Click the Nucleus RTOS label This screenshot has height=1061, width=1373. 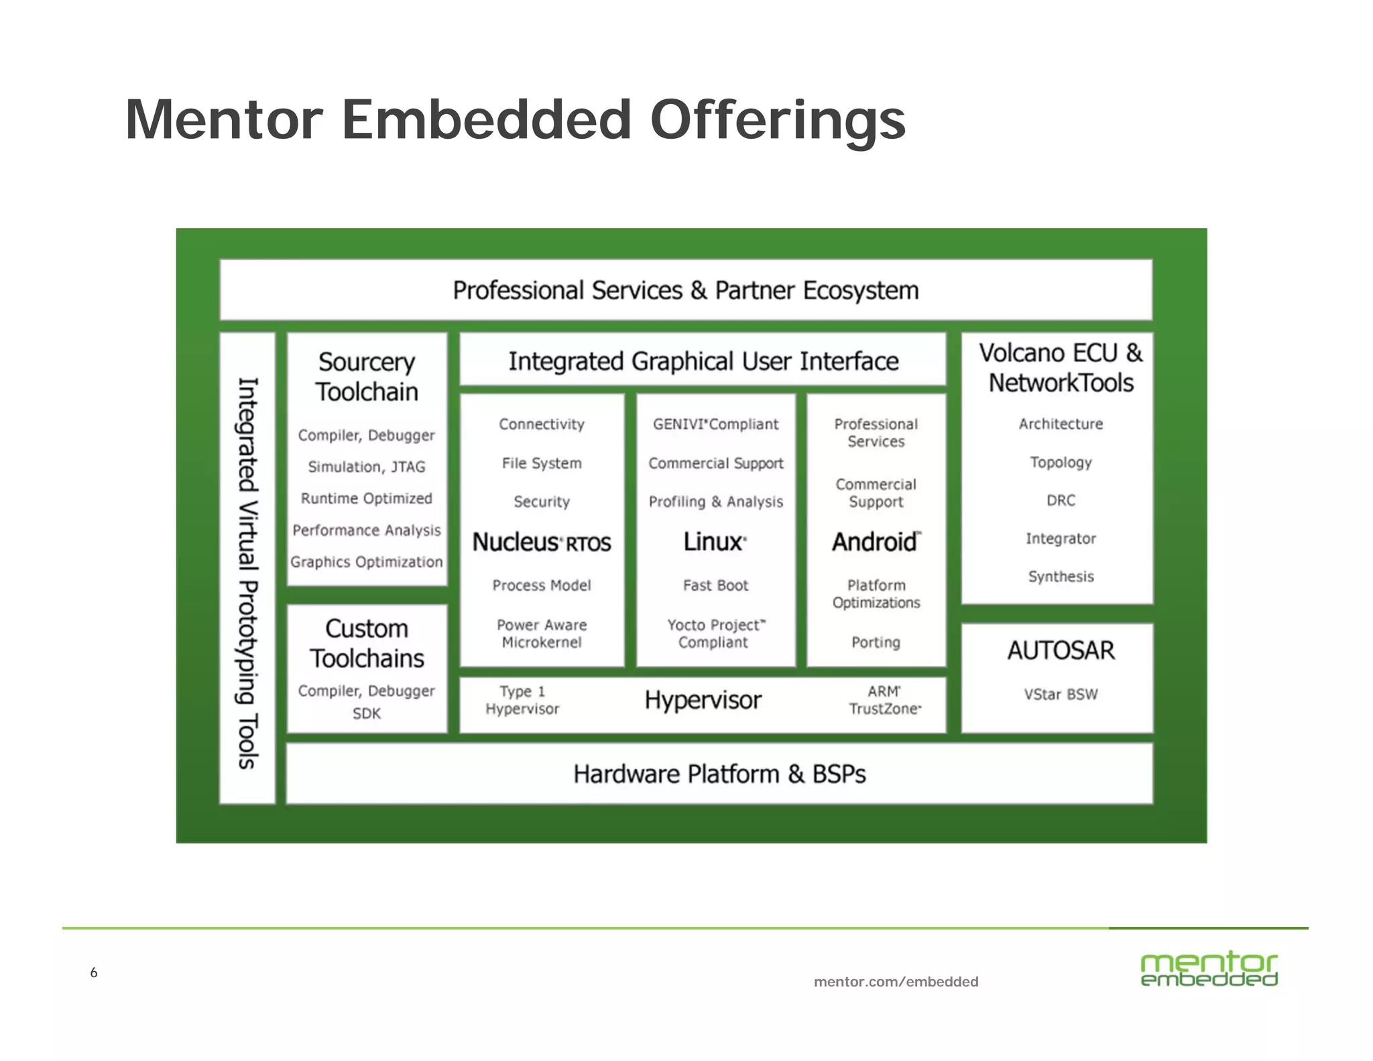(542, 542)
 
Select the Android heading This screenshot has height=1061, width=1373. (876, 541)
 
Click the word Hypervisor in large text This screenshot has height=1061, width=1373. (703, 700)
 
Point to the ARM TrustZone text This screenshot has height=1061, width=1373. (884, 700)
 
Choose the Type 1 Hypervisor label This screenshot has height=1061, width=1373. (522, 700)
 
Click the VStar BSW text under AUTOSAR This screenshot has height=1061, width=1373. (1061, 694)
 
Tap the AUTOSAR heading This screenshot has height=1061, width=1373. (1061, 651)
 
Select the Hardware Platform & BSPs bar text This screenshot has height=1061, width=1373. (719, 774)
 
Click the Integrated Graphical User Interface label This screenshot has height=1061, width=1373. (703, 361)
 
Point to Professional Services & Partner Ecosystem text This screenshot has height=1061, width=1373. (686, 290)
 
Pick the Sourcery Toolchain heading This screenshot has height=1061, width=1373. (367, 377)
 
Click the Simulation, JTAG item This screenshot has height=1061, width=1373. (367, 467)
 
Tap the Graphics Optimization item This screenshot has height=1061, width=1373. (367, 562)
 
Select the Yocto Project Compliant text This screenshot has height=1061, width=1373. (715, 634)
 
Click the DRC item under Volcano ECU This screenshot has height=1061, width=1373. (1061, 500)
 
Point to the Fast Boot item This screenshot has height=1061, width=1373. (715, 585)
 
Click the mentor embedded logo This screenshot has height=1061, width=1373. (1209, 970)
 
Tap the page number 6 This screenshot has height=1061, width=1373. (94, 972)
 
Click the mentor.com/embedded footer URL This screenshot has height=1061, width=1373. (896, 982)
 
